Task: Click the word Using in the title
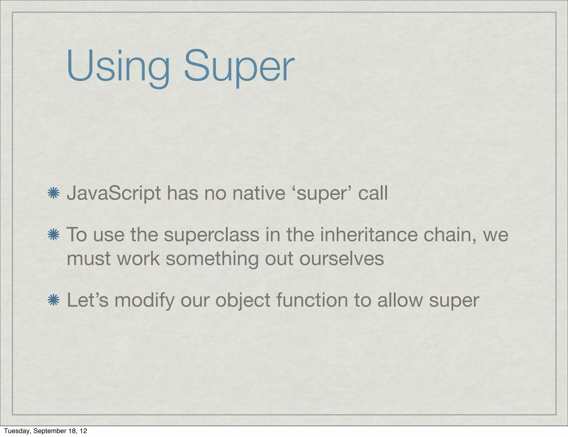118,67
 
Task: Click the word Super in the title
239,67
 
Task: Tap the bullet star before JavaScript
54,193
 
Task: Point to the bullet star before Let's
54,300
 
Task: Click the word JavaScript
114,193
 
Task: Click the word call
373,193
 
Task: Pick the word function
312,300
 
